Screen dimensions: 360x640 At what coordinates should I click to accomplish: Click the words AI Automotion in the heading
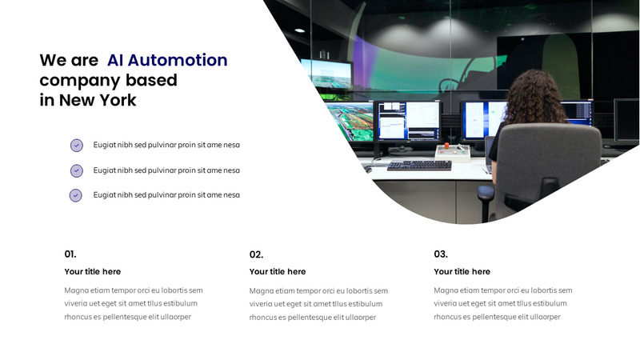click(167, 60)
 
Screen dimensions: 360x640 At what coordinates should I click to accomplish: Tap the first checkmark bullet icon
click(76, 145)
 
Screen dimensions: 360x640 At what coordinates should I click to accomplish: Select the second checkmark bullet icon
click(76, 170)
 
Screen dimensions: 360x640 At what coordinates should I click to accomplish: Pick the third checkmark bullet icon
click(76, 195)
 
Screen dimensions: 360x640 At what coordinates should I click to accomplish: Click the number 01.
click(70, 254)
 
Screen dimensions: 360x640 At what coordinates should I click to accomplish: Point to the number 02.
click(256, 254)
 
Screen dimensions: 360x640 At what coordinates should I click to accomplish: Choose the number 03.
click(441, 254)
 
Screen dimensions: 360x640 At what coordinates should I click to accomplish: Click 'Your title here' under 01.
click(93, 272)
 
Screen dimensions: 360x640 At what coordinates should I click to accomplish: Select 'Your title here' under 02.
click(278, 272)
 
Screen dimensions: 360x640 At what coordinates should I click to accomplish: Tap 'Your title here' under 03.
click(462, 272)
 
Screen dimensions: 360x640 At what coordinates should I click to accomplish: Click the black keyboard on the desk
click(419, 165)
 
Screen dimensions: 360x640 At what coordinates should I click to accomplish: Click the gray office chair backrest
click(552, 164)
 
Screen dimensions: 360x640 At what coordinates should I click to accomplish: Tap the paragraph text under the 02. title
click(318, 304)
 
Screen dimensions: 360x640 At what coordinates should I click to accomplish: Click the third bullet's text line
click(166, 195)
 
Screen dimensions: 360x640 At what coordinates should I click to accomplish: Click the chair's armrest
click(486, 192)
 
